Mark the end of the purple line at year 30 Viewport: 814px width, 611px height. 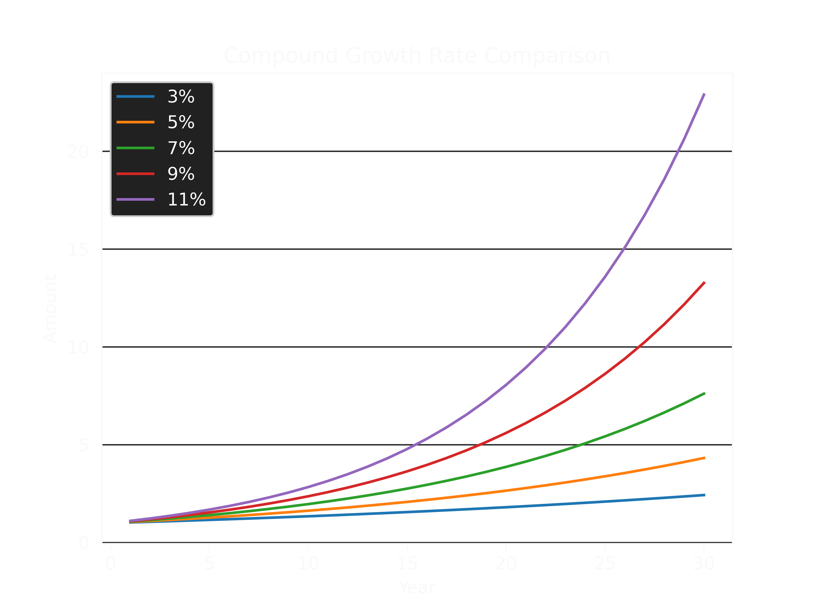click(x=704, y=94)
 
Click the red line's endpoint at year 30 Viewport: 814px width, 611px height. click(x=704, y=282)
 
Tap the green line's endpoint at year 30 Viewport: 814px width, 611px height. click(x=704, y=393)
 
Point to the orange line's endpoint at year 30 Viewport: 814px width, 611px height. click(x=704, y=458)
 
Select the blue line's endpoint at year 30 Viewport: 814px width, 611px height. click(x=704, y=495)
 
